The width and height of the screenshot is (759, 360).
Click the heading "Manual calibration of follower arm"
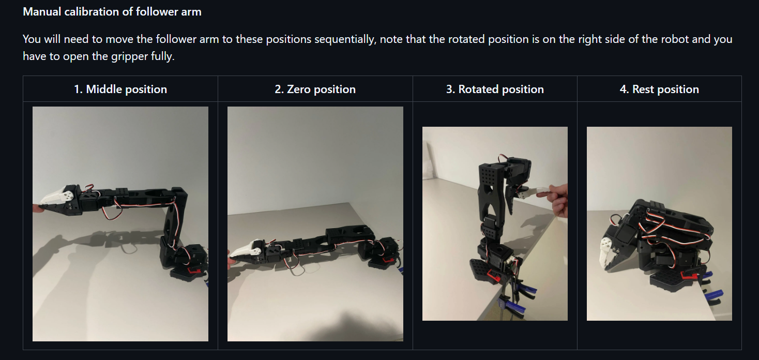coord(112,12)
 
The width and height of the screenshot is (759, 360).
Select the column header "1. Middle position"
coord(120,89)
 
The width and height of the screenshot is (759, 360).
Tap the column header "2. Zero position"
coord(315,89)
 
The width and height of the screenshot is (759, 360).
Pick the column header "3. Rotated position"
coord(495,89)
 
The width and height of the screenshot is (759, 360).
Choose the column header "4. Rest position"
coord(659,89)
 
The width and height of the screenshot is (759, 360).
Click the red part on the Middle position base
coord(195,271)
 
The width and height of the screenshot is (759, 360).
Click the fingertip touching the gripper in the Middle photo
coord(37,208)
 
